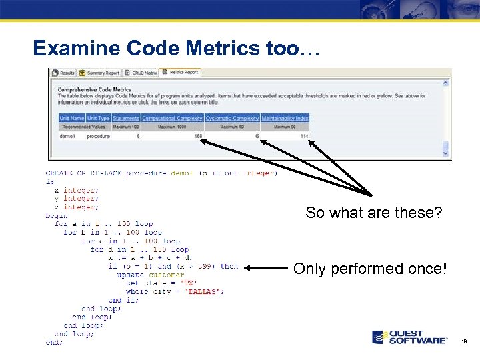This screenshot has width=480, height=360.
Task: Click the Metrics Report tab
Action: [183, 73]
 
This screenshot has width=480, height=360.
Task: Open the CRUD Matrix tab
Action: [144, 73]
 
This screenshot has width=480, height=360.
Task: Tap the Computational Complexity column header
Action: [172, 119]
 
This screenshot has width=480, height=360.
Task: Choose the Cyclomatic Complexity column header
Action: [232, 119]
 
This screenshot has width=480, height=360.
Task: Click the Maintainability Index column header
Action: [285, 119]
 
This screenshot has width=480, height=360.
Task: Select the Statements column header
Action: [126, 119]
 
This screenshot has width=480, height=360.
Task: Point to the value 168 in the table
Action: [198, 136]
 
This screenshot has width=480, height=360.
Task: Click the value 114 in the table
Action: [304, 136]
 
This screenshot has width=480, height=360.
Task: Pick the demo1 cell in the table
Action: [67, 136]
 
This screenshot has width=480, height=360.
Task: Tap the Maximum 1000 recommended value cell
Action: [172, 127]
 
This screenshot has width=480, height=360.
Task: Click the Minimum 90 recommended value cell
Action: [285, 127]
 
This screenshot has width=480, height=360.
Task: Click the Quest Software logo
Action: [409, 337]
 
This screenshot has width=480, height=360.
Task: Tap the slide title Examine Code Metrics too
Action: [177, 48]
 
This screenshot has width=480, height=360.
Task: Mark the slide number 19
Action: [464, 341]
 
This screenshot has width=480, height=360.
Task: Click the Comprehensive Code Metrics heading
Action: [94, 89]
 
